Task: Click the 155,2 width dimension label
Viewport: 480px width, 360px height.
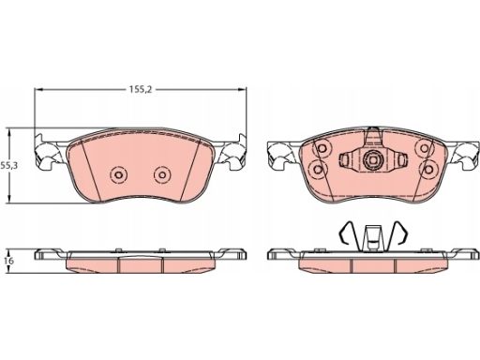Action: (141, 90)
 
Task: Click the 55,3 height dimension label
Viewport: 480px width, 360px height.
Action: (8, 166)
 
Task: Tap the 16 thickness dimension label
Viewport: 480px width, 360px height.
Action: (9, 261)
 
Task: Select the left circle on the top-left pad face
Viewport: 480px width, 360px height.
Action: (118, 174)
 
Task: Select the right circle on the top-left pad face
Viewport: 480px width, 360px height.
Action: (162, 174)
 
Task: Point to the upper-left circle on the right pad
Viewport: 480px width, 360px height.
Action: (322, 148)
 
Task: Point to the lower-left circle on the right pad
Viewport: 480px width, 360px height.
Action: (318, 170)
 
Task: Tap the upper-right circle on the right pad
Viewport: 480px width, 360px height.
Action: (424, 148)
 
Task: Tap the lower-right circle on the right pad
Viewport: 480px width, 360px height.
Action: (427, 170)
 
